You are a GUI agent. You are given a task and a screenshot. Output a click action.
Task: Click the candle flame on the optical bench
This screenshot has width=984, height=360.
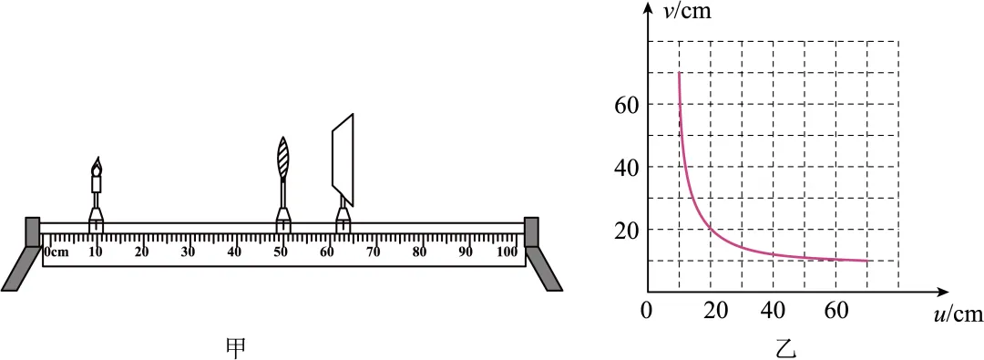[97, 166]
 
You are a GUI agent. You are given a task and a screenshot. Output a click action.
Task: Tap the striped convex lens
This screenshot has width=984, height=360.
[283, 158]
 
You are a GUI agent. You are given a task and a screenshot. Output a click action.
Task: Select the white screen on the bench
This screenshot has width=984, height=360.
[343, 159]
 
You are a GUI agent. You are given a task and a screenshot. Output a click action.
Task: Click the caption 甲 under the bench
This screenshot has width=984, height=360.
[236, 347]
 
